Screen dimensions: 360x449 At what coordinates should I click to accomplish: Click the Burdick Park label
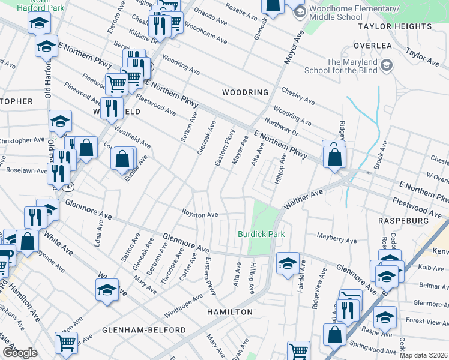coord(261,234)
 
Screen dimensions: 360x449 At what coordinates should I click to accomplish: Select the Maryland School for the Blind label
coord(352,66)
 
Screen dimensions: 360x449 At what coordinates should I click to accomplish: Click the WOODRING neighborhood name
coord(244,92)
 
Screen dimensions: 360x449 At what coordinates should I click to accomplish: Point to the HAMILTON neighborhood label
coord(230,313)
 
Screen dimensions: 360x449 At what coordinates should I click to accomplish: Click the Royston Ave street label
coord(200,214)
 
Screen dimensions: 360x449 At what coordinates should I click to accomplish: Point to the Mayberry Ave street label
coord(337,239)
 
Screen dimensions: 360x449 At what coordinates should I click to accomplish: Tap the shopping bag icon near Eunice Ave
coord(122,159)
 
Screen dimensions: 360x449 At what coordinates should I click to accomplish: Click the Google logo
coord(20,353)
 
